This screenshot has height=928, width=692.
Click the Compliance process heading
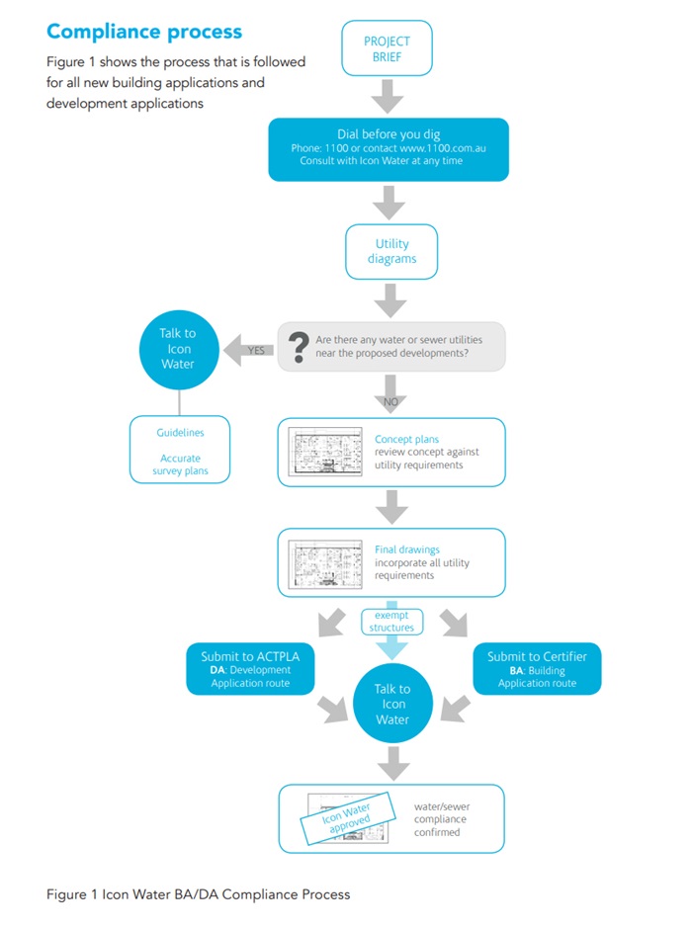pyautogui.click(x=144, y=31)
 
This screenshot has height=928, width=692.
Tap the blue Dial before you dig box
pyautogui.click(x=388, y=148)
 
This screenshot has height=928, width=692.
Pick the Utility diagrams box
pyautogui.click(x=391, y=251)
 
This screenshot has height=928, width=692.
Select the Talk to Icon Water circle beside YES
pyautogui.click(x=178, y=349)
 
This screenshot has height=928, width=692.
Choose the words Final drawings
pyautogui.click(x=407, y=549)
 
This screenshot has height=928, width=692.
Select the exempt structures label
pyautogui.click(x=391, y=621)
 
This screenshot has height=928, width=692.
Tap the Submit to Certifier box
pyautogui.click(x=537, y=669)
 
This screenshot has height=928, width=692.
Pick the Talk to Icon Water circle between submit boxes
pyautogui.click(x=392, y=704)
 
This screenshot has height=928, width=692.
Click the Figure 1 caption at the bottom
pyautogui.click(x=198, y=894)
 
